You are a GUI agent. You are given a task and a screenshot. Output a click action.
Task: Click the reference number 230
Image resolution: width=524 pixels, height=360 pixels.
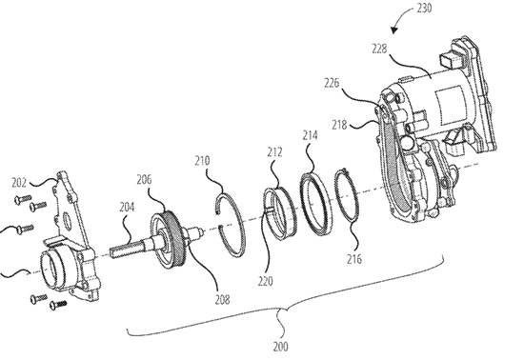[424, 8]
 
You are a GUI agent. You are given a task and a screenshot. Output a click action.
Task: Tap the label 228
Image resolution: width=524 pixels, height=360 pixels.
[379, 49]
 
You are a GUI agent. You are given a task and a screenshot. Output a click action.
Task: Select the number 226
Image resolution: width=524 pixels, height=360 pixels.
[332, 83]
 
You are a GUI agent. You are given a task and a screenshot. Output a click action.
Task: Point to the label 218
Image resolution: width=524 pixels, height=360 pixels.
[339, 125]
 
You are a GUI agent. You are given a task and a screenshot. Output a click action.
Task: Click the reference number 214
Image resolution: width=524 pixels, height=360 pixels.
[311, 135]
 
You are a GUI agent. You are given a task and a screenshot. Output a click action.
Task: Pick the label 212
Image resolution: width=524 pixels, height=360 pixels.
[274, 152]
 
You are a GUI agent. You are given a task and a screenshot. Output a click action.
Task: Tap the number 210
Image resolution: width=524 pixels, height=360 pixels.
[203, 161]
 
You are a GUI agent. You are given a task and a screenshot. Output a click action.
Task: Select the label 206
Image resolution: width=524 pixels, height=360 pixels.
[144, 180]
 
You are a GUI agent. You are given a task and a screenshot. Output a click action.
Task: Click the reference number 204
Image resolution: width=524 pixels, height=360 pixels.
[127, 208]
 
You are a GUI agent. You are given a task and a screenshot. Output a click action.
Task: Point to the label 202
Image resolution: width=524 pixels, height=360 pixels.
[19, 183]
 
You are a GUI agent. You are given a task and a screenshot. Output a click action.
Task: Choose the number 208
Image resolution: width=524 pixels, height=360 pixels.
[222, 300]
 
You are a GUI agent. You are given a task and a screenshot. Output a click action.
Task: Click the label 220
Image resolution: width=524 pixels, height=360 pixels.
[266, 281]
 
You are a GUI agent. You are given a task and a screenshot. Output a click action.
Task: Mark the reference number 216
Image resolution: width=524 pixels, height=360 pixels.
[354, 259]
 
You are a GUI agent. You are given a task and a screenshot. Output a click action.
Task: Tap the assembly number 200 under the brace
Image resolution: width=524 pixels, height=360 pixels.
[280, 347]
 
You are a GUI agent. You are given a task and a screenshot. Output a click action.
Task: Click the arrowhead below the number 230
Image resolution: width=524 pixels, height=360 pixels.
[395, 30]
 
